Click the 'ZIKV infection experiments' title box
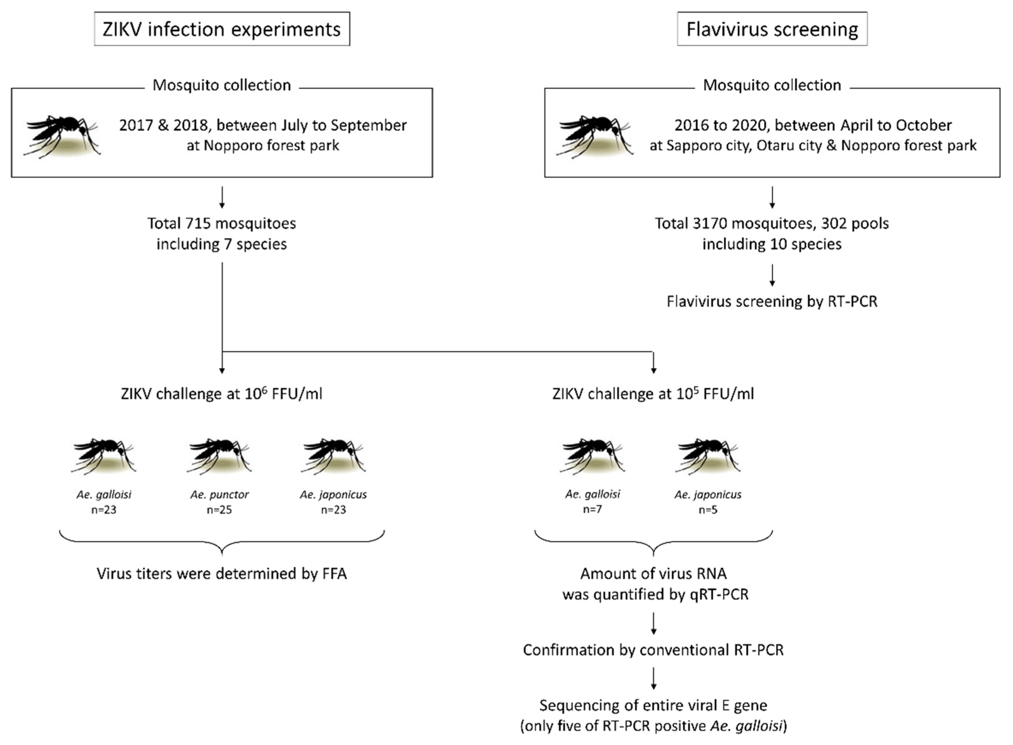pyautogui.click(x=222, y=29)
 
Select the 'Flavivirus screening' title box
pyautogui.click(x=772, y=29)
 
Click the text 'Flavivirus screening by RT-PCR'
pyautogui.click(x=772, y=301)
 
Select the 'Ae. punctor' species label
pyautogui.click(x=220, y=494)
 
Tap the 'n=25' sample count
pyautogui.click(x=220, y=510)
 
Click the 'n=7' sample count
pyautogui.click(x=592, y=509)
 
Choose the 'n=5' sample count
pyautogui.click(x=708, y=510)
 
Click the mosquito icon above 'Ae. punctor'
pyautogui.click(x=220, y=455)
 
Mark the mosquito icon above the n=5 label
pyautogui.click(x=708, y=455)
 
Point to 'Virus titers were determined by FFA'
pyautogui.click(x=222, y=574)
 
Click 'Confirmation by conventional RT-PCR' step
pyautogui.click(x=653, y=650)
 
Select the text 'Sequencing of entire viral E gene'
pyautogui.click(x=653, y=705)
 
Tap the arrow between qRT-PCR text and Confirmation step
pyautogui.click(x=653, y=623)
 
